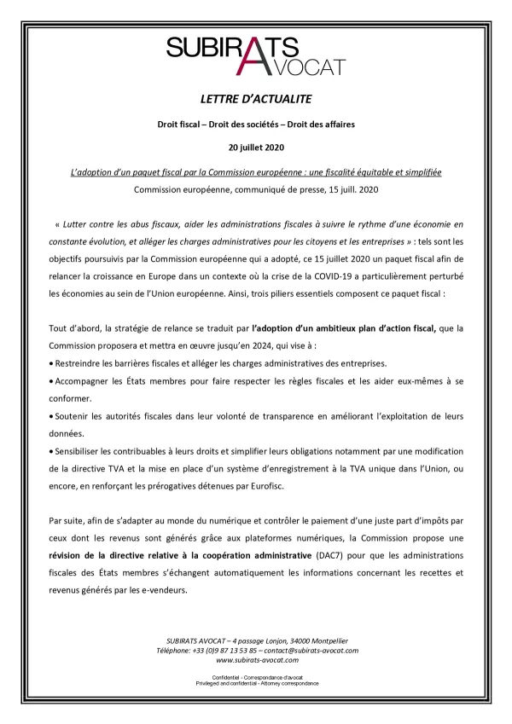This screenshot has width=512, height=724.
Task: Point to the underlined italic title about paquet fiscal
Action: (256, 172)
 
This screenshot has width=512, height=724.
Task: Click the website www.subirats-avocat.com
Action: (256, 660)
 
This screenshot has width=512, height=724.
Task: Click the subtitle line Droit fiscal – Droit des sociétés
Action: (256, 125)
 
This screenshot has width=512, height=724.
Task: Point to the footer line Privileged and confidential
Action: (256, 683)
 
